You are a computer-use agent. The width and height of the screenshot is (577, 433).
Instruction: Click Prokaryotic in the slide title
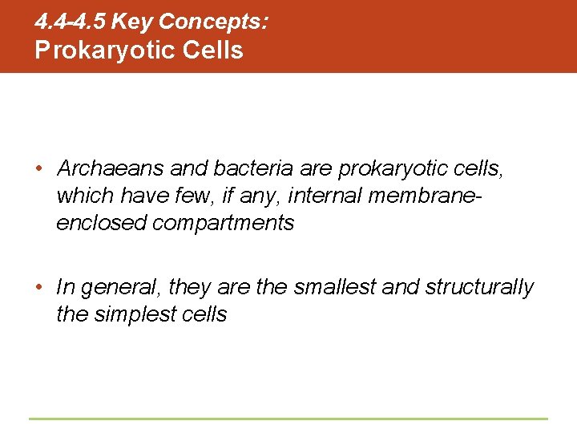tap(95, 50)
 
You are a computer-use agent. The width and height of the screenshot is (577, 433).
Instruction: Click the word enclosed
tap(102, 223)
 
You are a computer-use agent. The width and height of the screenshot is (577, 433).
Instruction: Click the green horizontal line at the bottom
tap(288, 419)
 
